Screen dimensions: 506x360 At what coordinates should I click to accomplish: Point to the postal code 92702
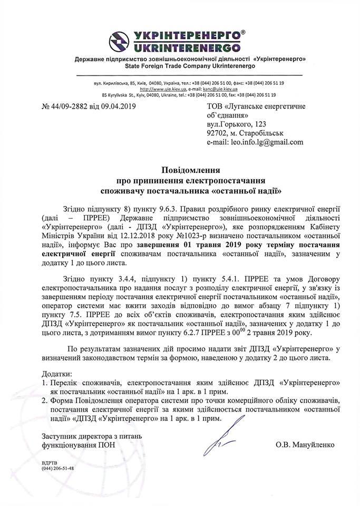(x=219, y=133)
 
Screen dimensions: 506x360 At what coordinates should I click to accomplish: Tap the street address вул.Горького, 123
(x=238, y=123)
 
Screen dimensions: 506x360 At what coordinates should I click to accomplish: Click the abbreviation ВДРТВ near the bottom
(x=48, y=462)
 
